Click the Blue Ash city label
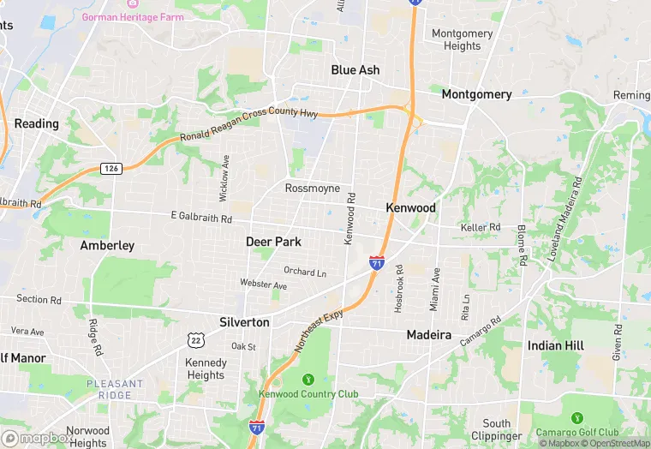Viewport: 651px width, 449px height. tap(355, 70)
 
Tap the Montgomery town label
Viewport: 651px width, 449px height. tap(476, 94)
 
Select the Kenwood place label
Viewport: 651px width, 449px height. tap(411, 208)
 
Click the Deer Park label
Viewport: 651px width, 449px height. tap(273, 242)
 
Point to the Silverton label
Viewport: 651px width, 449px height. tap(244, 322)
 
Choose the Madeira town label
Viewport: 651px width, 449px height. tap(428, 335)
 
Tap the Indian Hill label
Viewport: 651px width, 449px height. tap(556, 345)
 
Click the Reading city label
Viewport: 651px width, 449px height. tap(37, 123)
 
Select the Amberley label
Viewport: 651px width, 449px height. tap(107, 246)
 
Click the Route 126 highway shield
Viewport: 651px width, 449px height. tap(110, 168)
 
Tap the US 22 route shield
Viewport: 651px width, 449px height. tap(195, 340)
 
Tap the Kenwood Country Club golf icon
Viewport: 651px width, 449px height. tap(308, 379)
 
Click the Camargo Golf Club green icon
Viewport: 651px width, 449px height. tap(577, 418)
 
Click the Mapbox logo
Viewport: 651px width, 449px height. tap(37, 438)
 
